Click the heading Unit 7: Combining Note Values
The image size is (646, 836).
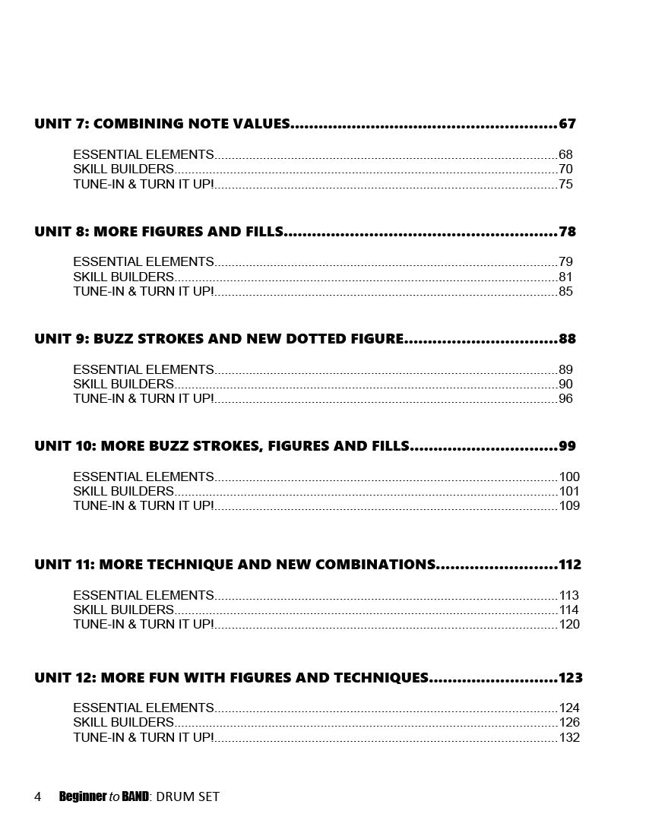pos(162,124)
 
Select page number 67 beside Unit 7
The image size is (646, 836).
pos(567,124)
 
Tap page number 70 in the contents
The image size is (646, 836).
pos(565,169)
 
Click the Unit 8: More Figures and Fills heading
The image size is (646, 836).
pos(159,232)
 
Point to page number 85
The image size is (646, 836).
pos(565,292)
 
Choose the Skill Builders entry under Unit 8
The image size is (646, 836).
pos(123,277)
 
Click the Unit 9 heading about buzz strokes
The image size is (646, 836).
pos(219,339)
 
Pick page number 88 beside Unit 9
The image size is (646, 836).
pos(567,339)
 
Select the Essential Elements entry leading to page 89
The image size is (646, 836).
pos(144,370)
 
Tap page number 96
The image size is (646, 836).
pos(565,399)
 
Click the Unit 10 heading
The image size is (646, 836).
pos(222,446)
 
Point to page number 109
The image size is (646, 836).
pos(569,506)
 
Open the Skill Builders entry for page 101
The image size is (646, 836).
pos(123,492)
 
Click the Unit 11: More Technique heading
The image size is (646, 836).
pos(235,565)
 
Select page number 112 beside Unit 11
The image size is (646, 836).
pos(569,565)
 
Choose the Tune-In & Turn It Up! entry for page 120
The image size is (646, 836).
pos(144,625)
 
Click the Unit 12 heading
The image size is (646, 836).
pos(231,678)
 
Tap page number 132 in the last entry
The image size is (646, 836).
pos(569,737)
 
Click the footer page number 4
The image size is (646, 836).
pos(38,796)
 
